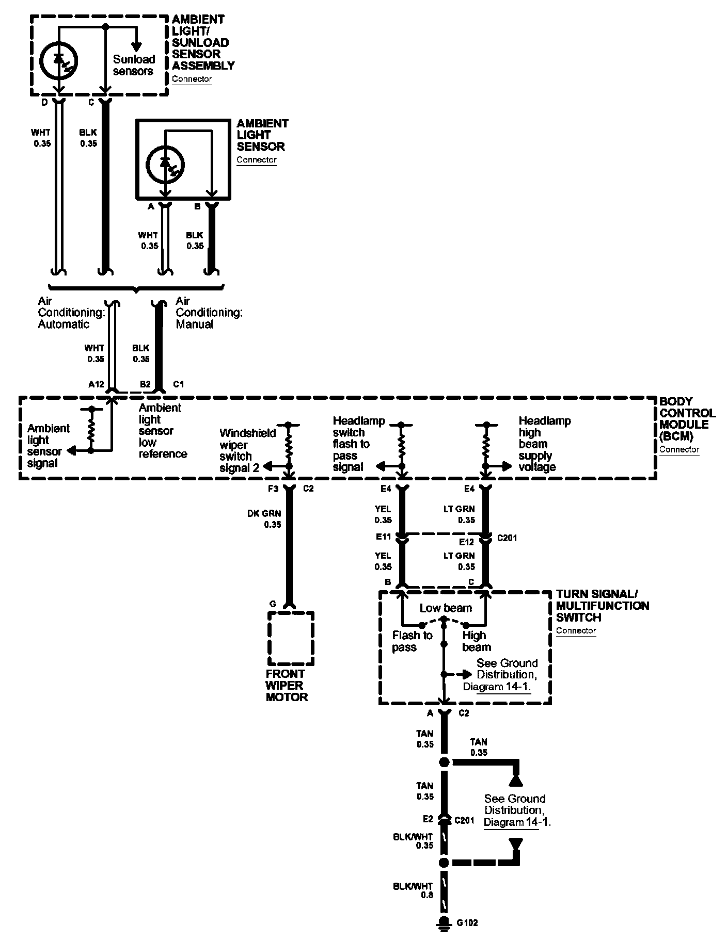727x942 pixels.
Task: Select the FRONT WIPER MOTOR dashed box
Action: (291, 639)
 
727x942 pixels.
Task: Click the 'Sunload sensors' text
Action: (134, 65)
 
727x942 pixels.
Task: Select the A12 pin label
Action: (96, 384)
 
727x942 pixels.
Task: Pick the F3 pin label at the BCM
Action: (274, 489)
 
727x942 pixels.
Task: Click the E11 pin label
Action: (383, 537)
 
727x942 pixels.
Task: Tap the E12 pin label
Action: (466, 542)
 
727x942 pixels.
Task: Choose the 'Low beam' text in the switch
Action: (446, 608)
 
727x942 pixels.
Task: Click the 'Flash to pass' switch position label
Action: (412, 641)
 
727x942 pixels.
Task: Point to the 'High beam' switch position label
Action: (476, 641)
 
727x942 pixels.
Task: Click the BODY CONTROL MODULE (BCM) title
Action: (687, 418)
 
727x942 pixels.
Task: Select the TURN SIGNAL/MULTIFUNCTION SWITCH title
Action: (603, 606)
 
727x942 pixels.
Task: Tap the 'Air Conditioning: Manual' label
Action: (209, 312)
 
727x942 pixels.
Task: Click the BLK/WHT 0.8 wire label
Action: (420, 891)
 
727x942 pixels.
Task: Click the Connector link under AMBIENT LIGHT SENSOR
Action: (257, 159)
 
